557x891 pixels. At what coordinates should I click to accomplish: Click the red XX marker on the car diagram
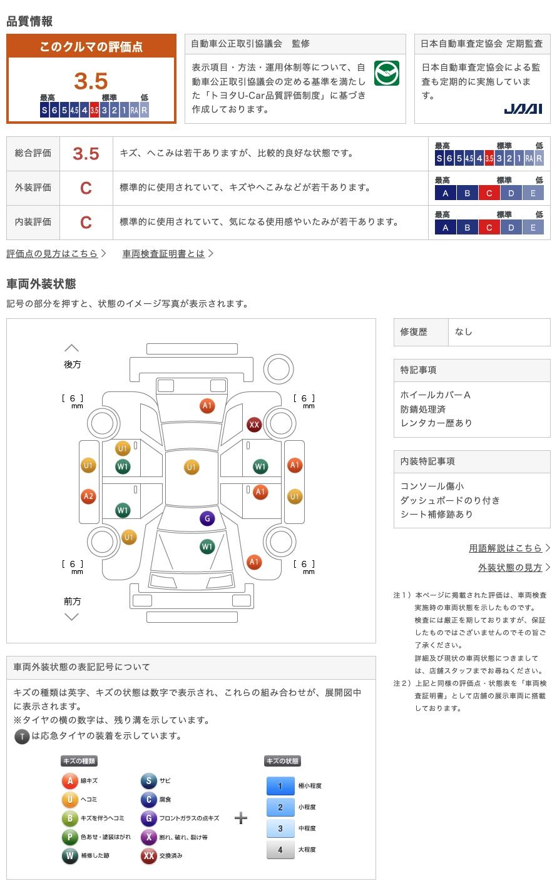(x=254, y=425)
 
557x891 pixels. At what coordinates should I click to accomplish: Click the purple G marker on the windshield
(x=207, y=518)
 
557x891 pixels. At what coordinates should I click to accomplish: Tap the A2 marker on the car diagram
(x=88, y=497)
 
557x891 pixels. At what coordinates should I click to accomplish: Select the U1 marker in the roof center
(x=192, y=467)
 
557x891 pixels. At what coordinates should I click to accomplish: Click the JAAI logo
(x=523, y=109)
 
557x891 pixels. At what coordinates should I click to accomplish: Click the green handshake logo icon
(x=386, y=73)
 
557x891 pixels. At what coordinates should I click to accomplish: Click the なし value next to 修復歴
(x=464, y=332)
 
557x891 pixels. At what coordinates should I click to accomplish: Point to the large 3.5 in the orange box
(x=91, y=81)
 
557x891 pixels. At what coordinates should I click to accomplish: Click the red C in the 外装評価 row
(x=86, y=188)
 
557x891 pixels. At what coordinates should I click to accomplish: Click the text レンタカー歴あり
(x=436, y=423)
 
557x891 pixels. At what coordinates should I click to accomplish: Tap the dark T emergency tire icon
(x=22, y=737)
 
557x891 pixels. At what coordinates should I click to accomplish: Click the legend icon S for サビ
(x=148, y=780)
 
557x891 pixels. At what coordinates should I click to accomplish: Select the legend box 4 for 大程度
(x=280, y=849)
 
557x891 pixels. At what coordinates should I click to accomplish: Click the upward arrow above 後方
(x=72, y=348)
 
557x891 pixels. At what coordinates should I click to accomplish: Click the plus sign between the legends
(x=241, y=818)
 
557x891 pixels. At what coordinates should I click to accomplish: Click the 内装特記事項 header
(x=427, y=461)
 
